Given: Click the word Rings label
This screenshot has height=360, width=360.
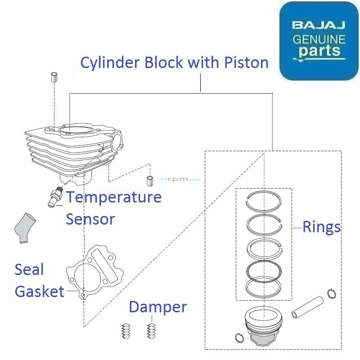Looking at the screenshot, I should pos(321,227).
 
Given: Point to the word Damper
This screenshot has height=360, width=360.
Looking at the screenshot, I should pos(157,307).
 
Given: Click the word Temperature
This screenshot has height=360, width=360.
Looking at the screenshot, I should pos(114,197).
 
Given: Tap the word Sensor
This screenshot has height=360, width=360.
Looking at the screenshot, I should pos(90,219).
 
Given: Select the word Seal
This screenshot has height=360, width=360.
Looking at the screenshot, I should pos(29,270).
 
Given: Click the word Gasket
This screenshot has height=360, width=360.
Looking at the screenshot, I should pos(40,292).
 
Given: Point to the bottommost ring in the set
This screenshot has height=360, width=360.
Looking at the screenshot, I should pos(264,289).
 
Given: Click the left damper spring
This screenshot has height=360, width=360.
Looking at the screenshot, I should pos(126,332).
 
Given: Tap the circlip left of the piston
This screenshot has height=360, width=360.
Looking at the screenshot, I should pos(238,337).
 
